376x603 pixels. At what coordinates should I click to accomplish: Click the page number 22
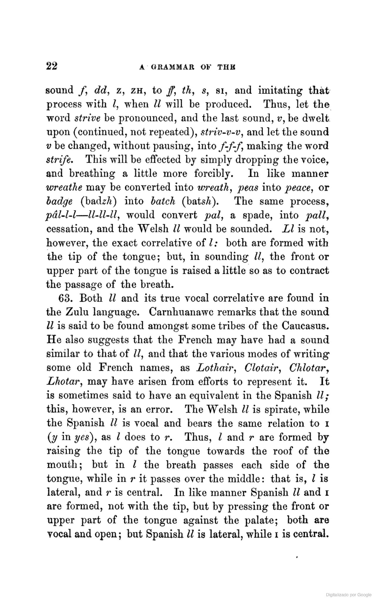pyautogui.click(x=52, y=66)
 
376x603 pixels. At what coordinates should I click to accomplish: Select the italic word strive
pyautogui.click(x=88, y=118)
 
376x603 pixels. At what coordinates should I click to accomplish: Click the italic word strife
pyautogui.click(x=60, y=160)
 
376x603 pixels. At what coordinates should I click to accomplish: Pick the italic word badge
pyautogui.click(x=60, y=201)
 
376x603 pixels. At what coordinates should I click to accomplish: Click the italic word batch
pyautogui.click(x=162, y=201)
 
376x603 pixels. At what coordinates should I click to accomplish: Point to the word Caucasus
pyautogui.click(x=305, y=326)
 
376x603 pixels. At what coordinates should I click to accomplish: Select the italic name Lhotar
pyautogui.click(x=63, y=382)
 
